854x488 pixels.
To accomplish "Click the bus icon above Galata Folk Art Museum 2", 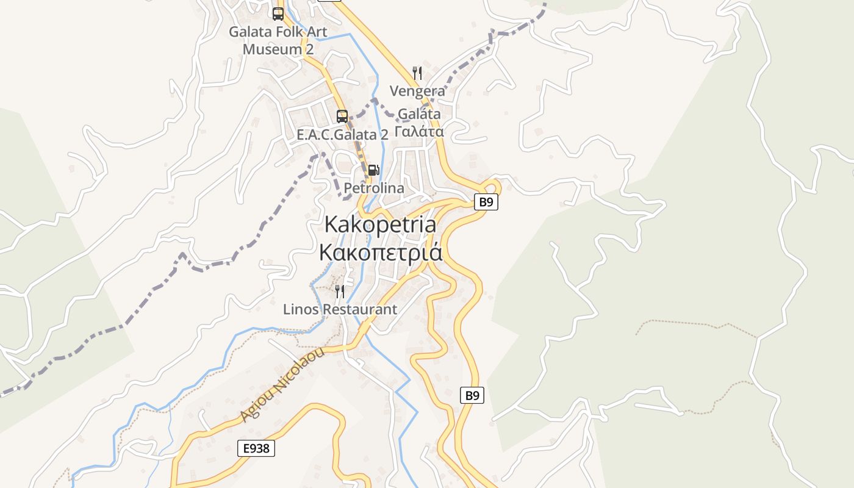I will point(278,13).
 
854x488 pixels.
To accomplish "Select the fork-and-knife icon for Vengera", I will point(417,73).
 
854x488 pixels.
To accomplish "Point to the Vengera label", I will point(417,91).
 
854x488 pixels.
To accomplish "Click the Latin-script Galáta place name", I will point(419,113).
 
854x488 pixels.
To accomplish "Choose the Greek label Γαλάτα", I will point(419,131).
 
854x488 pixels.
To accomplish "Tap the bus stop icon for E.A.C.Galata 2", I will point(342,116).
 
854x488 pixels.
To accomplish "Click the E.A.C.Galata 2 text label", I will point(342,135).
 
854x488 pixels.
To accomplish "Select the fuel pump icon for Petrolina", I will point(373,170).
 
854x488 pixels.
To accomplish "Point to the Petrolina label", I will point(374,188).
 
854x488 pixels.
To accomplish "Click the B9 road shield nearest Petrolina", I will point(486,202).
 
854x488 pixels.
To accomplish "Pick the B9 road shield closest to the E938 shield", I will point(472,395).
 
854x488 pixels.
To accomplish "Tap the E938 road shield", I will point(256,448).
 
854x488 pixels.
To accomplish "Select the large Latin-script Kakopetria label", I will point(380,224).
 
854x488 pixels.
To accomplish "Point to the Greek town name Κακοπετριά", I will point(381,252).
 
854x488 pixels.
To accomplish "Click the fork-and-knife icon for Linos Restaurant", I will point(340,292).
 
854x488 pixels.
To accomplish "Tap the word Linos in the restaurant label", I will point(301,309).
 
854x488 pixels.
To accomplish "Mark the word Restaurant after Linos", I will point(359,309).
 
